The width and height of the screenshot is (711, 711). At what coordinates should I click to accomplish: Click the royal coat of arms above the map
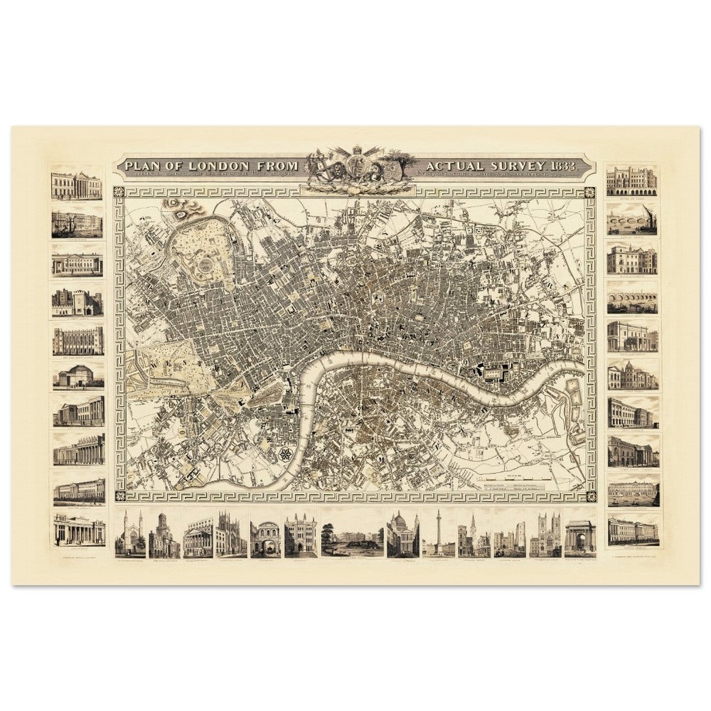click(x=357, y=169)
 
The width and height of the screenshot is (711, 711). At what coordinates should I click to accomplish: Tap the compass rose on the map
click(x=287, y=454)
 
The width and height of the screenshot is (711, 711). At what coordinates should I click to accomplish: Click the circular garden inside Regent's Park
click(x=206, y=266)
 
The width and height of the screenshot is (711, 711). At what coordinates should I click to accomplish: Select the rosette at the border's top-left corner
click(x=120, y=192)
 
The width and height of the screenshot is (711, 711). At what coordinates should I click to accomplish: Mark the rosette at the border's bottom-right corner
click(x=589, y=495)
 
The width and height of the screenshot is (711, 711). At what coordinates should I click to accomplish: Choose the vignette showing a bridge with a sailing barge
click(x=632, y=220)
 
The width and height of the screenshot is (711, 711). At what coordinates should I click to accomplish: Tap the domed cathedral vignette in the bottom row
click(x=402, y=533)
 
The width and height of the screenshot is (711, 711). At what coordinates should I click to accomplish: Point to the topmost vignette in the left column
click(x=76, y=185)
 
